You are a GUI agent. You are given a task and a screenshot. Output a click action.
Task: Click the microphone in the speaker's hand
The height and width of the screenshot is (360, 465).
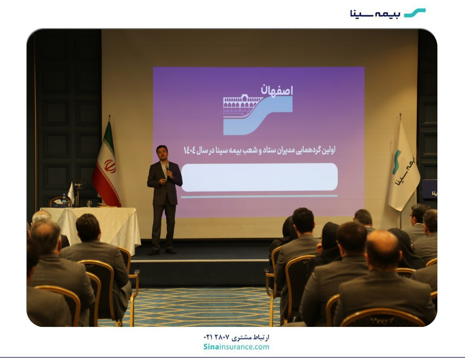[167, 169]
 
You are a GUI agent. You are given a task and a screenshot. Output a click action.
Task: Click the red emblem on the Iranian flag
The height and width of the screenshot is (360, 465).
[110, 166]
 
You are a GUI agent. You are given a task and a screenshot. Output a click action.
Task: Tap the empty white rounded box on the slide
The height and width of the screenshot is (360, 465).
[259, 177]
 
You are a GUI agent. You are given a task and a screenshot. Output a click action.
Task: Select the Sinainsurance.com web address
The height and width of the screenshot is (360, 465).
[236, 347]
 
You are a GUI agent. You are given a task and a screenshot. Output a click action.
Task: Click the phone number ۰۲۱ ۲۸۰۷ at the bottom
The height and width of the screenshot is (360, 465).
[217, 337]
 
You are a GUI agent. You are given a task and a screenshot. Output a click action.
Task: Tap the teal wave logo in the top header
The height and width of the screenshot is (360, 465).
[415, 13]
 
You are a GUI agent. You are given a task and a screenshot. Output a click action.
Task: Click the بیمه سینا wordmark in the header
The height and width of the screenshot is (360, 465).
[375, 13]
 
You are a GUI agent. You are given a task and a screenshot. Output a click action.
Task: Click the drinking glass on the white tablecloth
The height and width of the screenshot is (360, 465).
[89, 203]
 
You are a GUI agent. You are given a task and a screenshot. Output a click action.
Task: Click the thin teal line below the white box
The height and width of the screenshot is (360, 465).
[259, 196]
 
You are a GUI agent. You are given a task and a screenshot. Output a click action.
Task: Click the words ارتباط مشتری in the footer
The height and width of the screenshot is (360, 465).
[251, 338]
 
